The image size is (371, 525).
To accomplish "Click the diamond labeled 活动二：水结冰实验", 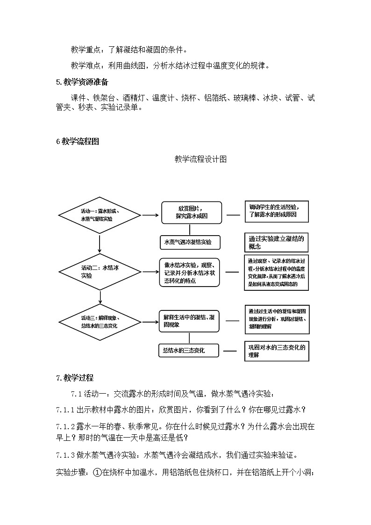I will coord(100,272).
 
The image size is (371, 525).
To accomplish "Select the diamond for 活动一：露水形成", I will coord(100,215).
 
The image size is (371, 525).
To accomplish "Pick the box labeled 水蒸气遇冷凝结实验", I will coord(189,242).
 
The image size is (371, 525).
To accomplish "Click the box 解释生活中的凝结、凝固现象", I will coord(189,321).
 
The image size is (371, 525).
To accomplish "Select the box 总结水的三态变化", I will coord(189,351).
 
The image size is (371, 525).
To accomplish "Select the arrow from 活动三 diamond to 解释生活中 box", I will coord(150,322).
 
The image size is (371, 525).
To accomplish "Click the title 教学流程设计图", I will coord(200,159).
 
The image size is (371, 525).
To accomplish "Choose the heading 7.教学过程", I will coord(74,378).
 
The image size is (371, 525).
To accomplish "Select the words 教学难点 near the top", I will coord(85,65).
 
